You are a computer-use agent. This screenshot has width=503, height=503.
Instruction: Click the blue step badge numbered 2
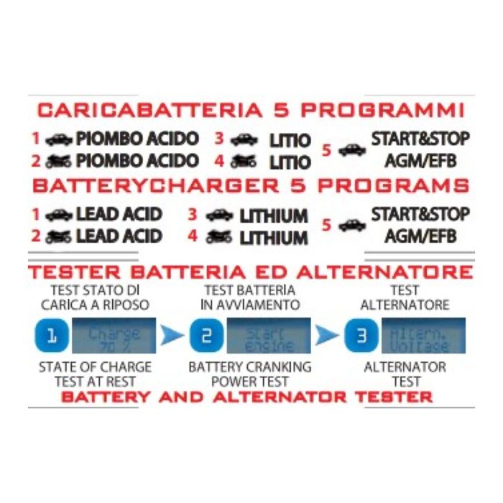point(203,335)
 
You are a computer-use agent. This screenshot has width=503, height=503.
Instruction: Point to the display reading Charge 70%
point(116,335)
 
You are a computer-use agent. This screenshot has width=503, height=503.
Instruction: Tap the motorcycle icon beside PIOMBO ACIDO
point(58,161)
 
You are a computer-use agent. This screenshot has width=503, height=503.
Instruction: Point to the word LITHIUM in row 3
point(273,216)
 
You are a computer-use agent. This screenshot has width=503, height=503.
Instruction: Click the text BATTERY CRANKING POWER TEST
point(249,374)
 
